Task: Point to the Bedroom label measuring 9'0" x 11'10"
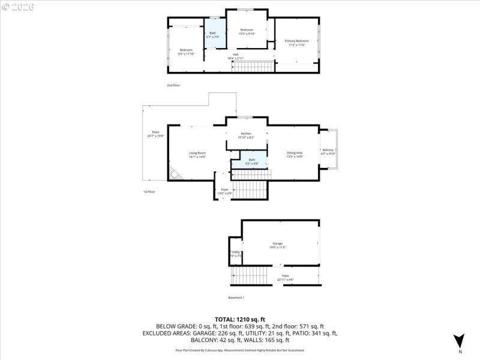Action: pos(186,52)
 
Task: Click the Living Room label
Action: pos(197,155)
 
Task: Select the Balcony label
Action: pos(328,152)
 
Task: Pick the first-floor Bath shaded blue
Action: pos(251,161)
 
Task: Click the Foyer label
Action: pos(224,191)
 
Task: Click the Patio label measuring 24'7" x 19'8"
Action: pos(155,134)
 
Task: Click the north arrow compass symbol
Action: pos(459,341)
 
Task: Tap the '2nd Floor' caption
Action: pos(173,86)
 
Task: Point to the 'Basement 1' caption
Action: pos(236,298)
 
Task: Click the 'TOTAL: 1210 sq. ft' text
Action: pos(240,319)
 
